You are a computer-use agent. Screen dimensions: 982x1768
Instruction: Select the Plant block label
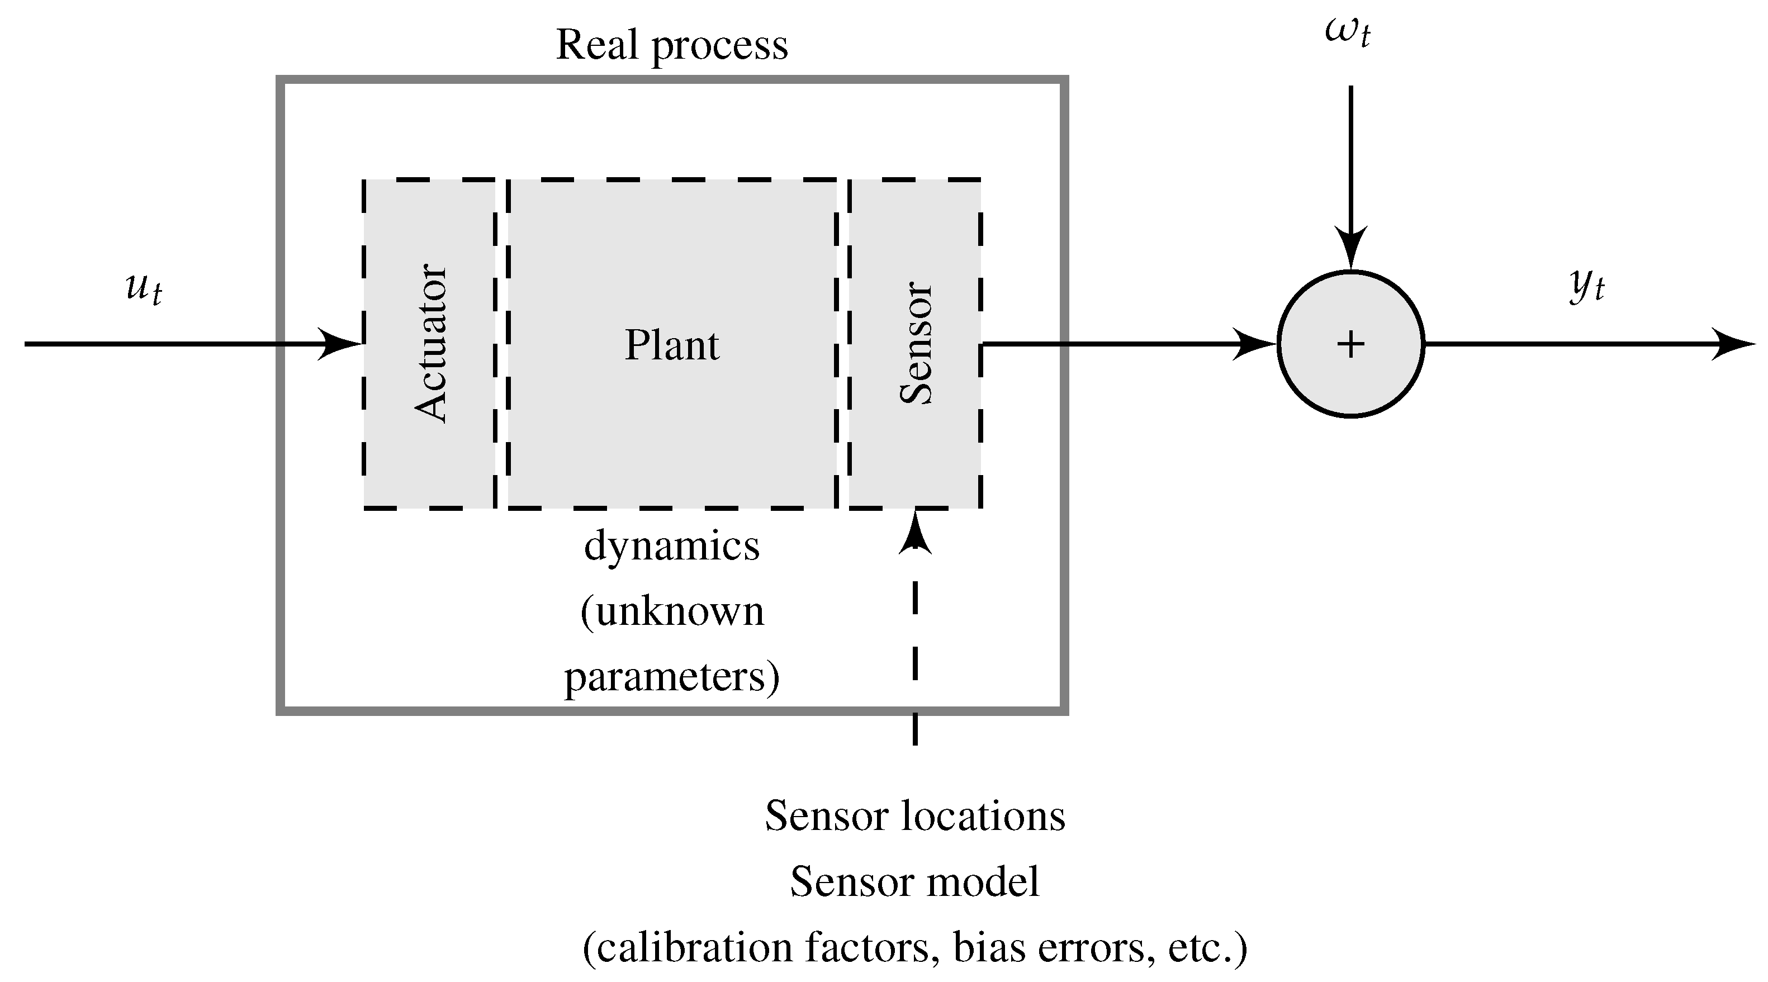[671, 345]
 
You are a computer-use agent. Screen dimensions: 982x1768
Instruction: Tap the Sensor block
[915, 343]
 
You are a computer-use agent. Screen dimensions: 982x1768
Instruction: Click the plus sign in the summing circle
[1350, 344]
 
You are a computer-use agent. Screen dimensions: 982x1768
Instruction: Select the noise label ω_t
[1347, 33]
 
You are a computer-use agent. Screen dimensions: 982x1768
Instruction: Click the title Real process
[671, 45]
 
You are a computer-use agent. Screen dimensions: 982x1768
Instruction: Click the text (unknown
[671, 611]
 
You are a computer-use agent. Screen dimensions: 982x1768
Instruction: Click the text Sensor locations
[915, 816]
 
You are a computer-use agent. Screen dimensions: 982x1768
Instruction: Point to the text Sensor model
[915, 881]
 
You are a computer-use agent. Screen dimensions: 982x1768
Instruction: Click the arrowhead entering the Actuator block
[341, 344]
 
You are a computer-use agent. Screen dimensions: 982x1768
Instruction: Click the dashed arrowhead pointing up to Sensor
[915, 533]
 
